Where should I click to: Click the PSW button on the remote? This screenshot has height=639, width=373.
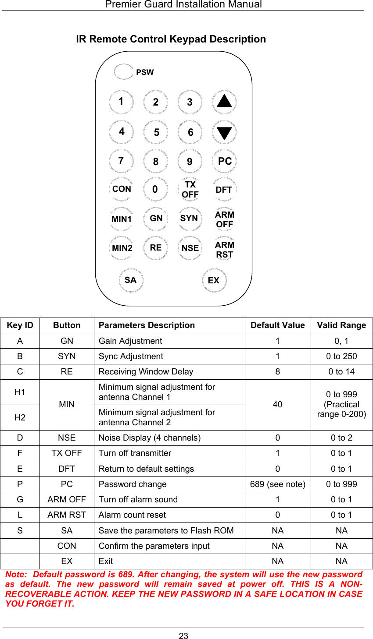tap(124, 72)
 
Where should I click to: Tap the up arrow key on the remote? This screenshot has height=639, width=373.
tap(224, 102)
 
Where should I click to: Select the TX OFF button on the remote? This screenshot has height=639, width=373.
tap(190, 190)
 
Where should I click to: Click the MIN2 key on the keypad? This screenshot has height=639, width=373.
tap(122, 248)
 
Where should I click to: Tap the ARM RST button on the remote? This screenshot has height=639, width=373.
tap(224, 250)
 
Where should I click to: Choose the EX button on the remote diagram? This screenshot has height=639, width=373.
tap(214, 280)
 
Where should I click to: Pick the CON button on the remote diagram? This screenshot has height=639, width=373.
tap(122, 189)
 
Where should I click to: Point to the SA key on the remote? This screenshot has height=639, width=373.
tap(130, 280)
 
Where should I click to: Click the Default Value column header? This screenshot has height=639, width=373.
tap(277, 325)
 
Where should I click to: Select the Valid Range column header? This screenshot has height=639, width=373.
tap(341, 325)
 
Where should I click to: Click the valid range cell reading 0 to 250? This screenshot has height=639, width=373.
tap(341, 357)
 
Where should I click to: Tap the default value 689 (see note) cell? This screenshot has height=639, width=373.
tap(277, 484)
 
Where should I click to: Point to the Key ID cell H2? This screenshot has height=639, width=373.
tap(20, 417)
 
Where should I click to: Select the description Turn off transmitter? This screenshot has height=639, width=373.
tap(135, 453)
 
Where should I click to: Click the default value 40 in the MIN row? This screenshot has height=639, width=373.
tap(277, 405)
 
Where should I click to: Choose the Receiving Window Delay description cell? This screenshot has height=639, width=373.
tap(146, 372)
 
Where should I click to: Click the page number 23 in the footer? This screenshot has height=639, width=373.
tap(183, 636)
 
